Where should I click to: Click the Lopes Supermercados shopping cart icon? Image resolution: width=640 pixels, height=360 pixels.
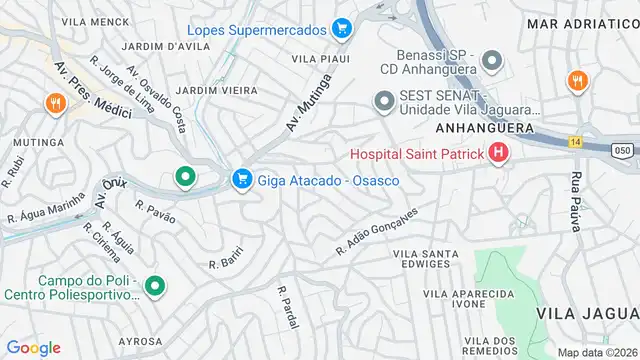pyautogui.click(x=342, y=28)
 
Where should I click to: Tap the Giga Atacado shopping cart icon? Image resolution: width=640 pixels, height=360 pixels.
pyautogui.click(x=240, y=180)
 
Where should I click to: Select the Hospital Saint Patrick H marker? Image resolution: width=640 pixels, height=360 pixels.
pyautogui.click(x=498, y=154)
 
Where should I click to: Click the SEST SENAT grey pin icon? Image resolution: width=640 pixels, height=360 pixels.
pyautogui.click(x=383, y=101)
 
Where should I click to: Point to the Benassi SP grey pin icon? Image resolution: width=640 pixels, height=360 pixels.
pyautogui.click(x=491, y=62)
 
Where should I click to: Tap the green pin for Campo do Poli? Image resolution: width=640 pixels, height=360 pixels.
pyautogui.click(x=154, y=287)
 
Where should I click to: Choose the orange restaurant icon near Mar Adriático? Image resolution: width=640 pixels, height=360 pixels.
pyautogui.click(x=576, y=80)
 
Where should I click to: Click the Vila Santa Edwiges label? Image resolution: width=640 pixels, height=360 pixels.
pyautogui.click(x=435, y=259)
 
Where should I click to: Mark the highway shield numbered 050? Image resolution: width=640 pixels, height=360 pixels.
pyautogui.click(x=622, y=148)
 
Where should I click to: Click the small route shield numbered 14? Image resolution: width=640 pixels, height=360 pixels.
pyautogui.click(x=575, y=142)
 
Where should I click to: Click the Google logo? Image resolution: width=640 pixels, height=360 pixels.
pyautogui.click(x=33, y=348)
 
